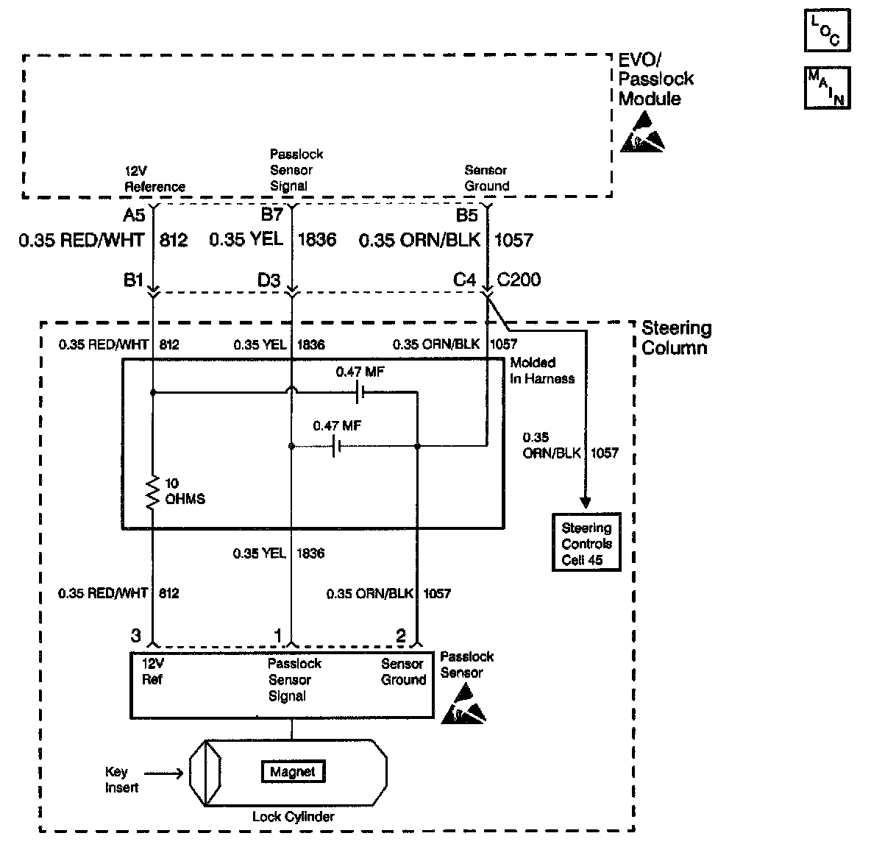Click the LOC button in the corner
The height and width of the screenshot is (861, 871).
(x=827, y=31)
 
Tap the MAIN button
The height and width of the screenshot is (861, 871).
(x=827, y=88)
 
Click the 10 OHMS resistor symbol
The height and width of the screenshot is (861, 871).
(x=152, y=492)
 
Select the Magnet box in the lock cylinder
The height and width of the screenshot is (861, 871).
(x=293, y=771)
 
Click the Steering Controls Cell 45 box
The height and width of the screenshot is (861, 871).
(x=586, y=542)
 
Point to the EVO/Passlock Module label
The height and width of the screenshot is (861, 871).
(x=655, y=79)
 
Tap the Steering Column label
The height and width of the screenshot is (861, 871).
(x=677, y=337)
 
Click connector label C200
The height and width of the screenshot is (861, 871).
(x=519, y=279)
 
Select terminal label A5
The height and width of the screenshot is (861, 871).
(x=134, y=215)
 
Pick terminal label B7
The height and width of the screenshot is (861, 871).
(x=272, y=215)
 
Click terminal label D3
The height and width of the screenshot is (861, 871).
(x=269, y=280)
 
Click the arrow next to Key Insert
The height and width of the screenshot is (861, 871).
(x=164, y=773)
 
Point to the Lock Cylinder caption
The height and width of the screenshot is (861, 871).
(x=294, y=817)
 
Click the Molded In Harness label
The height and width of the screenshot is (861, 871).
(x=542, y=371)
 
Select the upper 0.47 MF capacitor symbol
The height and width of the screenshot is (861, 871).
(x=360, y=393)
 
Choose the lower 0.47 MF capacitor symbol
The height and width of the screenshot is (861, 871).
(x=336, y=447)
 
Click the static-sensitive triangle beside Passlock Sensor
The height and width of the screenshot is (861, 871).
(x=463, y=705)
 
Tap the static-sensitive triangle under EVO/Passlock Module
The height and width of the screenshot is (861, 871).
(x=642, y=132)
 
